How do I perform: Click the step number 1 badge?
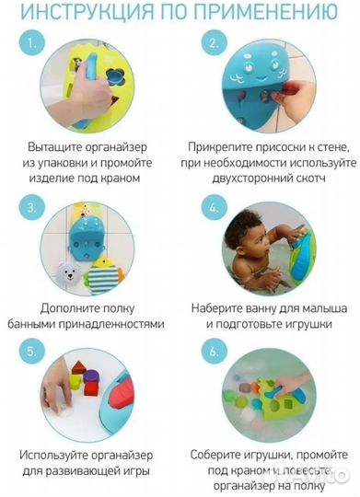tap(34, 43)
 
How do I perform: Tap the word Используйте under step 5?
tap(67, 455)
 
